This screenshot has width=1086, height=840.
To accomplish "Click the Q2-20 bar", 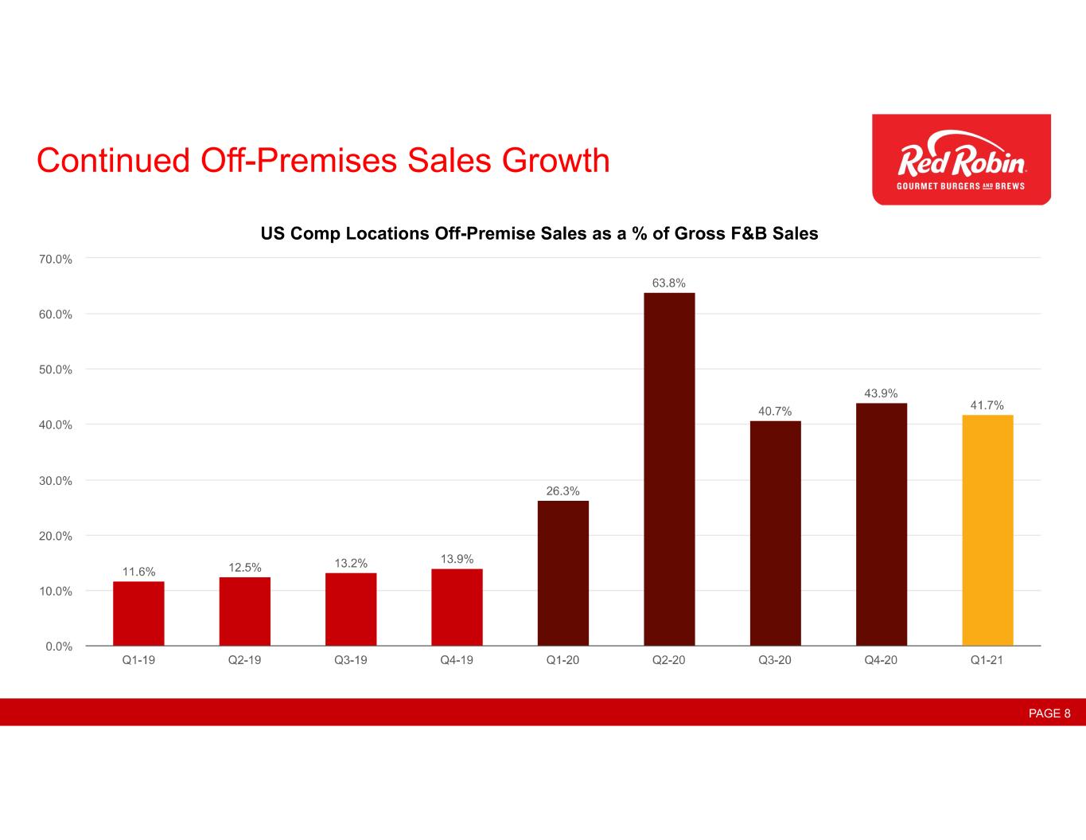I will coord(669,469).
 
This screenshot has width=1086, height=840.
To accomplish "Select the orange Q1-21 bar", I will coord(987,529).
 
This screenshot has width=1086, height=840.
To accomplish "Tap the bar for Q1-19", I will coord(138,613).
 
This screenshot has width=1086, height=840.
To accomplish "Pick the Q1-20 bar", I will coord(563,572).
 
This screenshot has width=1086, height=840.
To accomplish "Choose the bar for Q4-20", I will coord(882,524).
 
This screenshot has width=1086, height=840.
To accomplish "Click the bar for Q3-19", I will coord(351,609).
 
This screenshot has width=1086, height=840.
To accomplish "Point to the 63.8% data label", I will coord(669,283).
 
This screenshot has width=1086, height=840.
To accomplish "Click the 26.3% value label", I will coord(563,490).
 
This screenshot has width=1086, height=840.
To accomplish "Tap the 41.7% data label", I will coord(987,405).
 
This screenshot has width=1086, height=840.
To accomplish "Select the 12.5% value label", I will coord(245,567).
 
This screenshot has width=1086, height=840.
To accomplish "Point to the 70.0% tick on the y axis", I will coord(55,259).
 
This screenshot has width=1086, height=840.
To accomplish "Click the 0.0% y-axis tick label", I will coord(58,647).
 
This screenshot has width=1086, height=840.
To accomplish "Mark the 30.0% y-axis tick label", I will coord(55,481).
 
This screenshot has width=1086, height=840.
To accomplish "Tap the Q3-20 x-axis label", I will coord(775,660).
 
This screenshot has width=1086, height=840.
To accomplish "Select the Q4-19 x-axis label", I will coord(457,660).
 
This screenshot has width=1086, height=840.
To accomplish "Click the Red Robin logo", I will coord(961,159).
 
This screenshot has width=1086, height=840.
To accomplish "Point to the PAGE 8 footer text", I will coord(1049,713).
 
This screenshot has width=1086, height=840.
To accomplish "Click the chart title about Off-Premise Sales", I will coord(539,234).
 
